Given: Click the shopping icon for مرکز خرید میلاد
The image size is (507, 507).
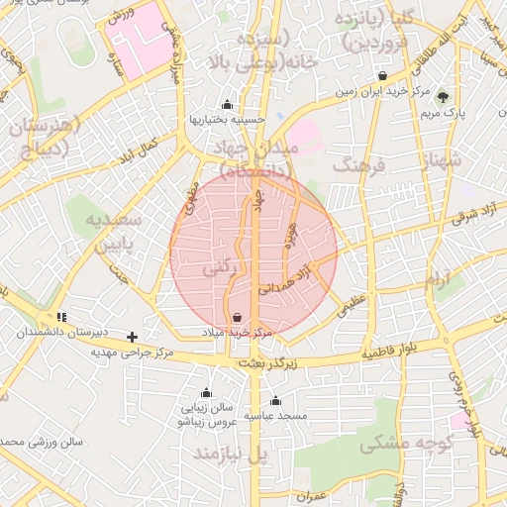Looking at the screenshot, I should coord(239,318).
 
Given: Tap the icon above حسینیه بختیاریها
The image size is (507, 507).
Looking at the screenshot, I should coord(227,105).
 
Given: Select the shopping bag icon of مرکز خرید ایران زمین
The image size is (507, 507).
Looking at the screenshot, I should coord(383,76).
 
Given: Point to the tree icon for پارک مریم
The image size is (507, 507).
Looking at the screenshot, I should coord(443,97).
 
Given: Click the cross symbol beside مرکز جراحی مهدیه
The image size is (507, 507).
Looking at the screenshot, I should coord(132,337).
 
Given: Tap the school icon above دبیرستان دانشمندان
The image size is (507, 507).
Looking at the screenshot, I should coord(61,317).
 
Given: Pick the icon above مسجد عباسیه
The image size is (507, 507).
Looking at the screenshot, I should coord(275,401).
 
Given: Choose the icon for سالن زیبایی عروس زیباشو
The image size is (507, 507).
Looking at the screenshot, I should coord(206,392).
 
